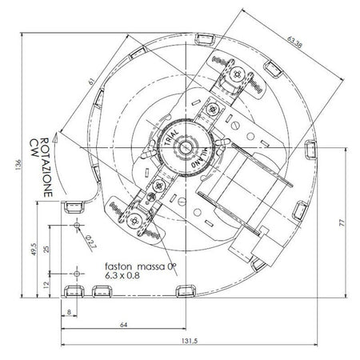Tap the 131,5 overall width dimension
click(190, 341)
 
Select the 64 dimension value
click(124, 325)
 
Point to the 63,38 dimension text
click(294, 42)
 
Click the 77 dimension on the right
click(342, 223)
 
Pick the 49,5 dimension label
click(34, 249)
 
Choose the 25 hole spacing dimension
click(46, 250)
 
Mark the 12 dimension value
click(46, 285)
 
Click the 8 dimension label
click(69, 312)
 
